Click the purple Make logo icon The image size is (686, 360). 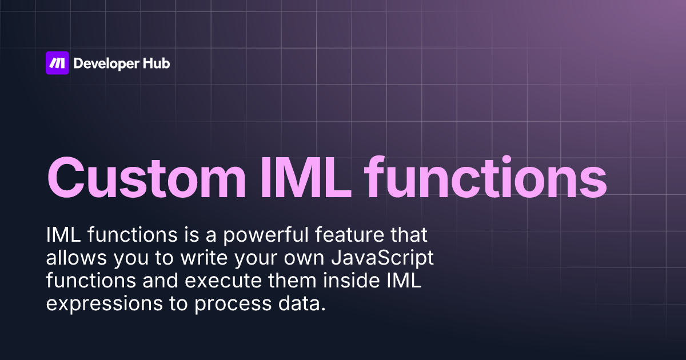[57, 63]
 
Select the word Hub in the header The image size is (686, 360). [156, 63]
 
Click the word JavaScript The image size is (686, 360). [382, 258]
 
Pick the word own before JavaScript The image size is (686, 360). [302, 258]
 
